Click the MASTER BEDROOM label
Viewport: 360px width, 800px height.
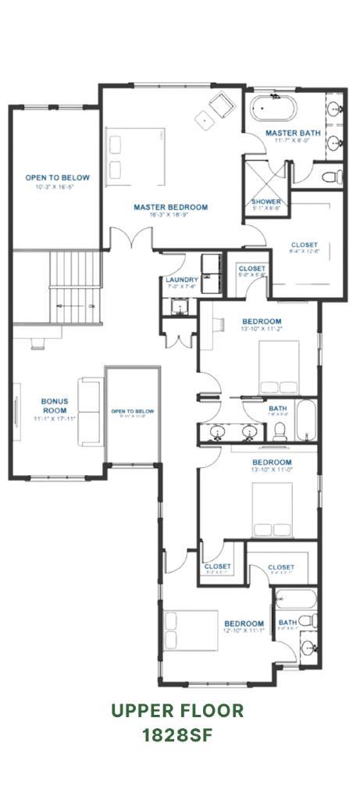tap(170, 207)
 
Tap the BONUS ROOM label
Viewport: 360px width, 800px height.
tap(55, 405)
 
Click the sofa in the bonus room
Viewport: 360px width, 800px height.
tap(89, 411)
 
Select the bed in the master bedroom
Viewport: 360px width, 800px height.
tap(136, 153)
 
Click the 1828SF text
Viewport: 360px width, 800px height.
tap(176, 735)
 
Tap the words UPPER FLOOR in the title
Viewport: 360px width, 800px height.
tap(176, 710)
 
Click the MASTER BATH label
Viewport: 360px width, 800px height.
tap(292, 134)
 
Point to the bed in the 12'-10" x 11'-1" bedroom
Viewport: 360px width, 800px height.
tap(191, 637)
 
